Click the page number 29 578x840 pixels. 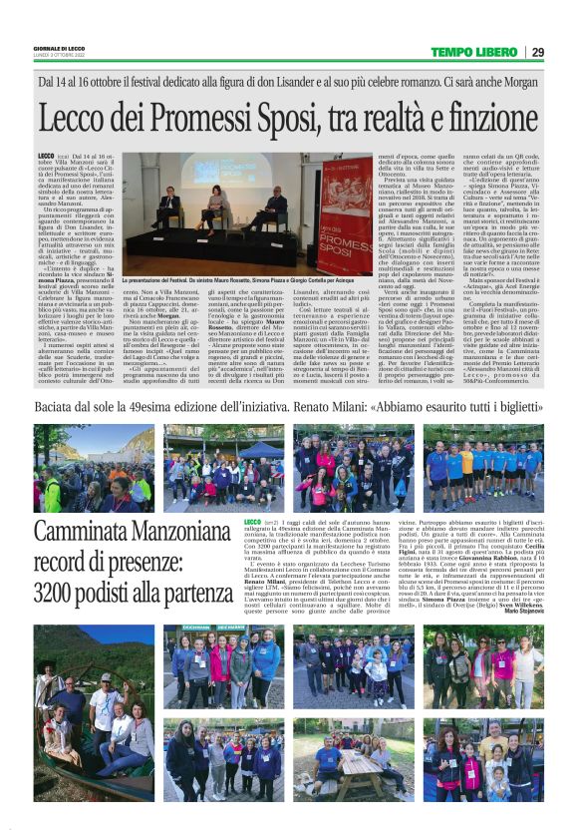click(537, 52)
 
